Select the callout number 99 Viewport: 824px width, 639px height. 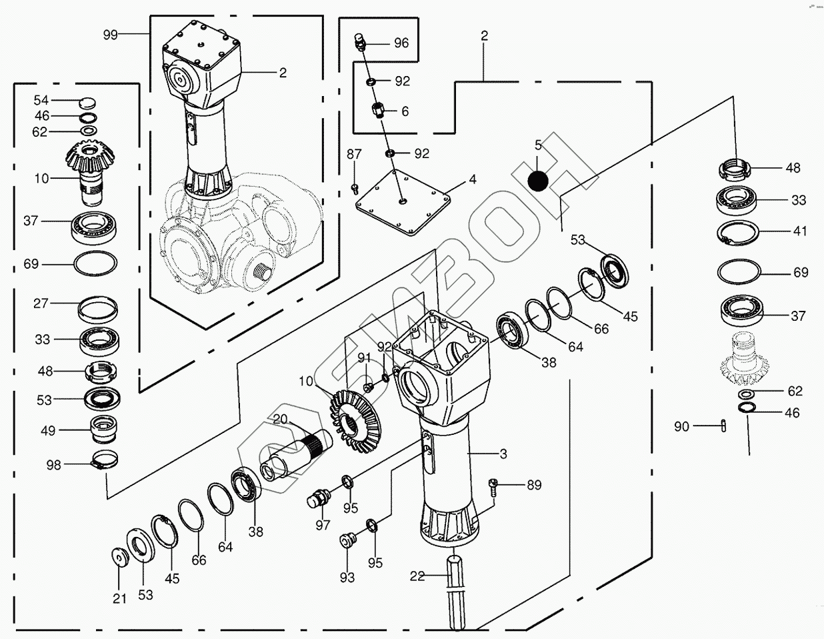(x=111, y=35)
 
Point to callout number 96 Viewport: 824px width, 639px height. (x=401, y=43)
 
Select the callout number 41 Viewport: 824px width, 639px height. (x=800, y=231)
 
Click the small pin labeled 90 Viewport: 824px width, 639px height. (x=723, y=426)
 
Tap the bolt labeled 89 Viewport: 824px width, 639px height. (x=493, y=486)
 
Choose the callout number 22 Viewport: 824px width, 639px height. (x=417, y=576)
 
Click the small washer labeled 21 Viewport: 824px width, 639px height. (x=119, y=556)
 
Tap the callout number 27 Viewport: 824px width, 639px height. (x=41, y=303)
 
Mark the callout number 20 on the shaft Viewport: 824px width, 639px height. (x=279, y=420)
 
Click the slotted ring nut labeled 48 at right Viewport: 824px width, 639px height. (x=735, y=168)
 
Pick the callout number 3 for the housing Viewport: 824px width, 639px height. (x=503, y=454)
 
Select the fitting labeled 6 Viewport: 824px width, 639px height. (x=381, y=110)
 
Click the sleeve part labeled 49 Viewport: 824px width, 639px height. (x=103, y=429)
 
